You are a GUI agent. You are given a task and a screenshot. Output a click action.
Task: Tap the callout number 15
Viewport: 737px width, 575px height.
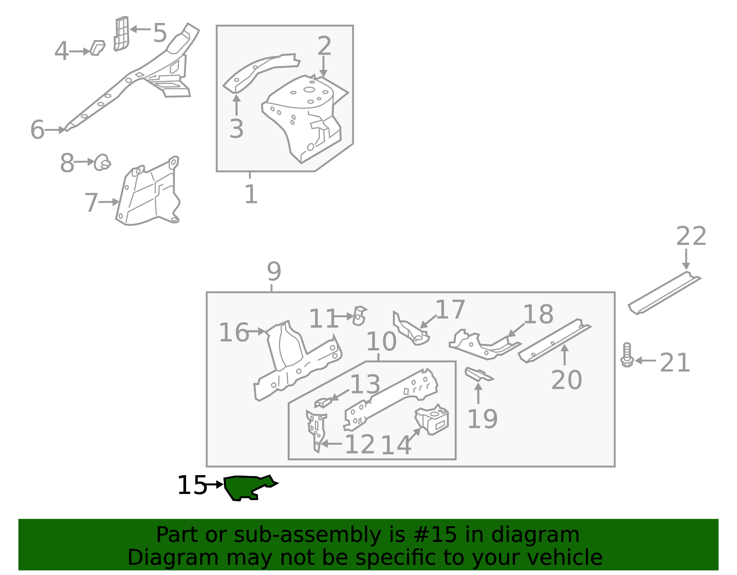click(x=192, y=485)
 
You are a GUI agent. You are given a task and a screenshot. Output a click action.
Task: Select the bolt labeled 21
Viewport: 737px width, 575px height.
click(x=626, y=355)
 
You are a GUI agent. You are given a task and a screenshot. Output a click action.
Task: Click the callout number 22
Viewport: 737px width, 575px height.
click(x=690, y=236)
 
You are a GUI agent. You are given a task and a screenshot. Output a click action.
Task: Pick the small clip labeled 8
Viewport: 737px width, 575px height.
click(x=102, y=163)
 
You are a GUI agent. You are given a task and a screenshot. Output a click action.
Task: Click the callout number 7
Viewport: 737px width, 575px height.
click(x=91, y=203)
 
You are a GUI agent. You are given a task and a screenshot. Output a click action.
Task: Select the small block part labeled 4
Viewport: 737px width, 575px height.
click(x=97, y=48)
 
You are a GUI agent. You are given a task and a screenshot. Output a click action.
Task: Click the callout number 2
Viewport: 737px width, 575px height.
click(x=324, y=46)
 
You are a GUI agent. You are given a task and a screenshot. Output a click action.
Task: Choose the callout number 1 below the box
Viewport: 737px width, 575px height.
click(x=251, y=194)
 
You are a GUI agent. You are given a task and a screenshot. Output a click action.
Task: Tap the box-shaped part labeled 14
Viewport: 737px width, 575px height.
click(x=433, y=420)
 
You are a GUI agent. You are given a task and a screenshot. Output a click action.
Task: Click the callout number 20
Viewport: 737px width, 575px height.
click(x=566, y=380)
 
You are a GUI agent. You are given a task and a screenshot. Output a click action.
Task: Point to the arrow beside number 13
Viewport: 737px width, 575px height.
click(x=339, y=394)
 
